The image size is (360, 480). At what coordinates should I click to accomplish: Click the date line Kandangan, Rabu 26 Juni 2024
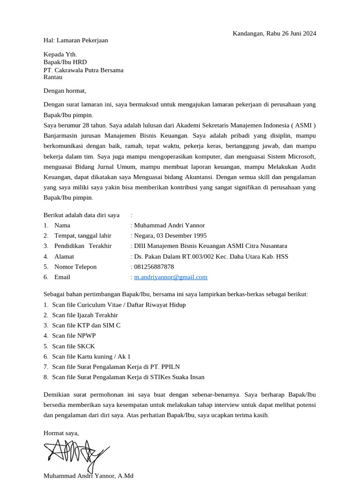274,33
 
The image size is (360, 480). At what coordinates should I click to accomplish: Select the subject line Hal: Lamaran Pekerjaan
75,40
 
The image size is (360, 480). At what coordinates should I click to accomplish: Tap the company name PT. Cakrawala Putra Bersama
83,70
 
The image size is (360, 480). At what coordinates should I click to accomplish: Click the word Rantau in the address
53,77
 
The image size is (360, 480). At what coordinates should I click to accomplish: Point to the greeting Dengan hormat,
65,91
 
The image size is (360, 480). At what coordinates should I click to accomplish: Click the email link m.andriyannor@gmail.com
171,277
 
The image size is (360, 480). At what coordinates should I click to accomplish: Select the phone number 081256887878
154,267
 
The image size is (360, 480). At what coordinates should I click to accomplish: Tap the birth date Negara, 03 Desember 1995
170,236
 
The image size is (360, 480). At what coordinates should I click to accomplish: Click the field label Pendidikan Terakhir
83,246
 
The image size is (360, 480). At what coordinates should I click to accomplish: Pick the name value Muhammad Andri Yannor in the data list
169,225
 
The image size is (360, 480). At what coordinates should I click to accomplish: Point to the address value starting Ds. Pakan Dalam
211,256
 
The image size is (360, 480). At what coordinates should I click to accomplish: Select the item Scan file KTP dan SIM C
86,325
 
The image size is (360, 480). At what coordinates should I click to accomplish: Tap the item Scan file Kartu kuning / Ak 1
91,356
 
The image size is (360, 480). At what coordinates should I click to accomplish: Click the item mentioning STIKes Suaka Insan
128,377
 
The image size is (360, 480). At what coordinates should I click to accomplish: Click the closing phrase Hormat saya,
61,433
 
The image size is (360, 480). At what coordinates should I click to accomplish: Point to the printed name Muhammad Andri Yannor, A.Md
88,475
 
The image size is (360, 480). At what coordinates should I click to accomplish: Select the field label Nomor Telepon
75,267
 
